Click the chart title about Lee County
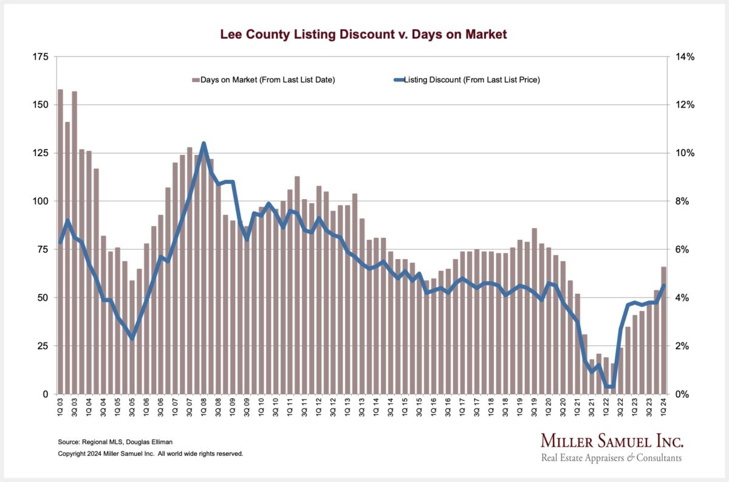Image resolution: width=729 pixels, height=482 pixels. click(x=364, y=35)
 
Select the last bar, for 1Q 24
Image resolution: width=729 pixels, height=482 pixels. click(x=663, y=330)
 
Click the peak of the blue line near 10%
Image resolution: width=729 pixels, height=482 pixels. click(x=204, y=144)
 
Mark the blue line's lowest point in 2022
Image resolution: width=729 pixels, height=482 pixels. click(x=609, y=387)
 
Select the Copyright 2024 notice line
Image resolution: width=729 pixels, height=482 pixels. click(x=150, y=453)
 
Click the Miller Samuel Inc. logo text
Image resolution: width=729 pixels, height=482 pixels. click(x=612, y=441)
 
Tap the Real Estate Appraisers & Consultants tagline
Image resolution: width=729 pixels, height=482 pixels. click(x=611, y=458)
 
